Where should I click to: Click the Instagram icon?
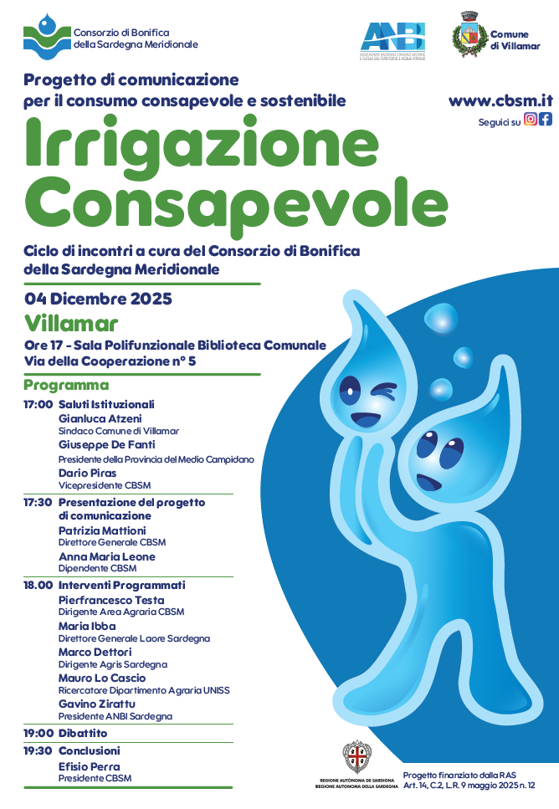(531, 119)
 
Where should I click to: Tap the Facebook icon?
(546, 119)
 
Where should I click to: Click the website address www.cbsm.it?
(500, 101)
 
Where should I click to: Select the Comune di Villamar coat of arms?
(469, 37)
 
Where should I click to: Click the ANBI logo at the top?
(393, 38)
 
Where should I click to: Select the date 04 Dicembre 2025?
(98, 299)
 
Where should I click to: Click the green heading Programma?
(66, 385)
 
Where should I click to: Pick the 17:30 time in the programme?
(38, 503)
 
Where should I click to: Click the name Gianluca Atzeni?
(100, 418)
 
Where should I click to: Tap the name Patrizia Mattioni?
(102, 530)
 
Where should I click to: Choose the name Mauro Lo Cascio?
(101, 678)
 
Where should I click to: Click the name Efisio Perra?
(89, 766)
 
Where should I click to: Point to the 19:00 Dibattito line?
(65, 734)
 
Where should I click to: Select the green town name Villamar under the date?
(71, 323)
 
